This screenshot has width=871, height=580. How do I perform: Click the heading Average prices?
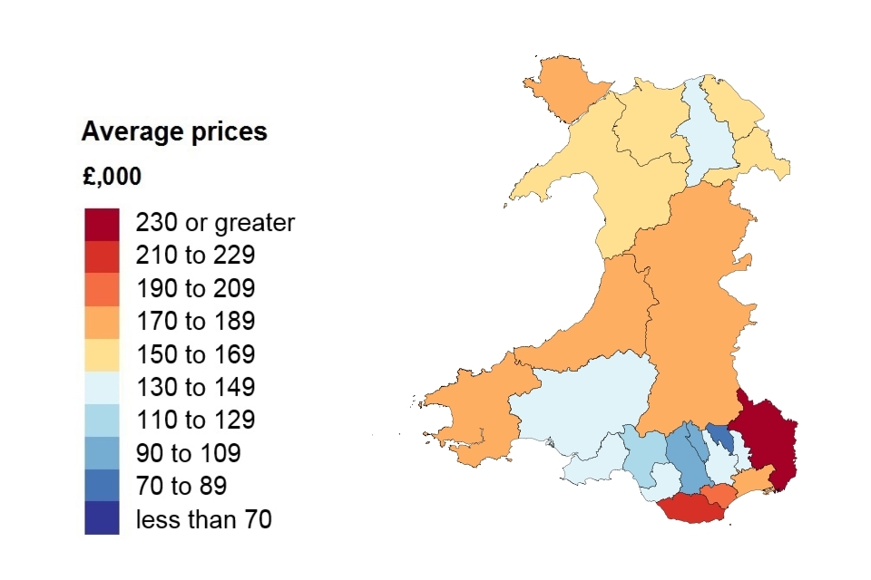(174, 132)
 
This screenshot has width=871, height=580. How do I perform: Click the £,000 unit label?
(112, 177)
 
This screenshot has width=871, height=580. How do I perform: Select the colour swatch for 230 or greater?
(102, 224)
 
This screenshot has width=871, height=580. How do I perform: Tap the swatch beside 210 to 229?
(102, 256)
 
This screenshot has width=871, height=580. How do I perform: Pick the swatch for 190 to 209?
(102, 289)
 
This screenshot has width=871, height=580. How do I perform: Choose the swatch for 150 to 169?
(102, 354)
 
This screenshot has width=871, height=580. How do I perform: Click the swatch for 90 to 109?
(102, 453)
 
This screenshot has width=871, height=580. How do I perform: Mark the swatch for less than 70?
(102, 518)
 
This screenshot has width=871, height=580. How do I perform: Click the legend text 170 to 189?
(195, 322)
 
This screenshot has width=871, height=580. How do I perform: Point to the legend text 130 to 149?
(195, 388)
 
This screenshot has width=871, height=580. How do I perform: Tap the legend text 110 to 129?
(195, 420)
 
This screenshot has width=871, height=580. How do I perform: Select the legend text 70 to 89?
(181, 487)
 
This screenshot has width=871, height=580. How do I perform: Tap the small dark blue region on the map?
(722, 438)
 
